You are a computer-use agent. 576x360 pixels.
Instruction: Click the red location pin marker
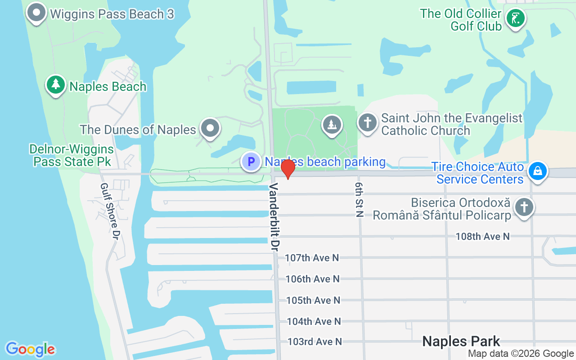point(288,169)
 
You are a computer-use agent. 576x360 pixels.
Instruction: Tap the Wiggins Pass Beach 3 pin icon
point(36,13)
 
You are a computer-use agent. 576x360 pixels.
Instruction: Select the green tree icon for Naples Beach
point(56,84)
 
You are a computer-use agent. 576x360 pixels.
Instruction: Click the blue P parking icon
point(251,161)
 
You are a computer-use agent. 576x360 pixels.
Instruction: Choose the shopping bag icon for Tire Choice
point(537,171)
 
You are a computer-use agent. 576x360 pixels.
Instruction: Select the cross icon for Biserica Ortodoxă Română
point(524,207)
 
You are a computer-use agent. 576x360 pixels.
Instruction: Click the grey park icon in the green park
point(332,125)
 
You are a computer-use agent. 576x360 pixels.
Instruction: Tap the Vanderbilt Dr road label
point(275,216)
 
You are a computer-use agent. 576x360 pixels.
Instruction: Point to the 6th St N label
point(359,200)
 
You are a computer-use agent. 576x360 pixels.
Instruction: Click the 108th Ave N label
point(482,236)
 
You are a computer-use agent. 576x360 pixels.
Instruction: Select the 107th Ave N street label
point(312,258)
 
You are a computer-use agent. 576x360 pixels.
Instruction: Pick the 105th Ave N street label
point(313,300)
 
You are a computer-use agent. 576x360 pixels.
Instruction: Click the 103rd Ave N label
point(315,342)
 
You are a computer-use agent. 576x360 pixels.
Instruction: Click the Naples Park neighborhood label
point(461,341)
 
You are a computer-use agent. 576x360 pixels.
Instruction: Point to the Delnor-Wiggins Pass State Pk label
point(72,155)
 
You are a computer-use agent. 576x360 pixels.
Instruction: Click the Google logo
point(30,349)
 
